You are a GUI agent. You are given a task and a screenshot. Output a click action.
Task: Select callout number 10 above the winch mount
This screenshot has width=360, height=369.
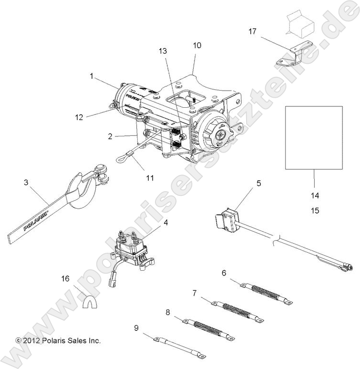196,46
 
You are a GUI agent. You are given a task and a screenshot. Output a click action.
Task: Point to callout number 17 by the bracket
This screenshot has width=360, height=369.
252,32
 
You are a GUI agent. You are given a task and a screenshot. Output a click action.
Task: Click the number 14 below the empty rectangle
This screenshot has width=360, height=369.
315,195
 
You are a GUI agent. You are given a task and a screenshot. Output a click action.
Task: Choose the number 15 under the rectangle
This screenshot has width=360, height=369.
315,210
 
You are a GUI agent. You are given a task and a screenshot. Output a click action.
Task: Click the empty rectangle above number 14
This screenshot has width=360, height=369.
314,138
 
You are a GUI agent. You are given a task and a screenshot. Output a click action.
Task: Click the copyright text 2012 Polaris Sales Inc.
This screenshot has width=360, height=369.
58,340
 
